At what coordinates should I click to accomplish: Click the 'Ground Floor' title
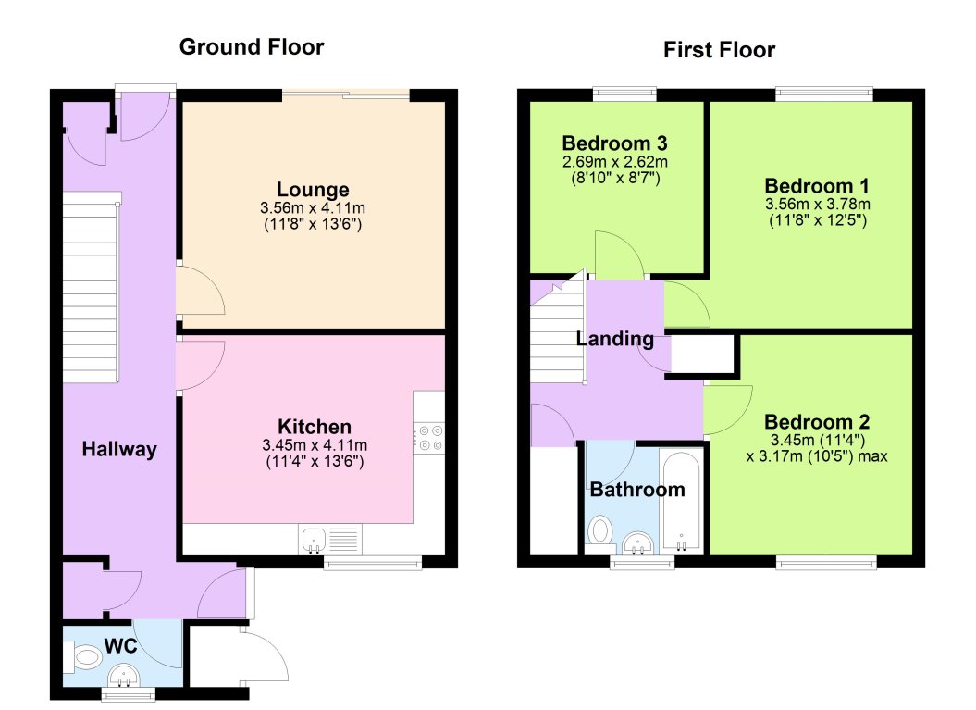(x=252, y=46)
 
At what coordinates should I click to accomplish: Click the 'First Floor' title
(x=719, y=49)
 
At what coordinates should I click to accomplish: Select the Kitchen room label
(x=315, y=427)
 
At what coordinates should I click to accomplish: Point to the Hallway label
(x=119, y=450)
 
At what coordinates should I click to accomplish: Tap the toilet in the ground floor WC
(x=83, y=657)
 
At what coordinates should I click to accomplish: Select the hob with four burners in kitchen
(x=429, y=437)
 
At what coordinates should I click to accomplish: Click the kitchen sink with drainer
(x=328, y=540)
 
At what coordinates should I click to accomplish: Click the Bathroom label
(x=637, y=490)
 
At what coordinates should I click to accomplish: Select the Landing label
(x=615, y=339)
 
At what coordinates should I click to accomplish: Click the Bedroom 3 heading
(x=615, y=143)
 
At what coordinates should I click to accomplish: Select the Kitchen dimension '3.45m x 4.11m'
(x=315, y=444)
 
